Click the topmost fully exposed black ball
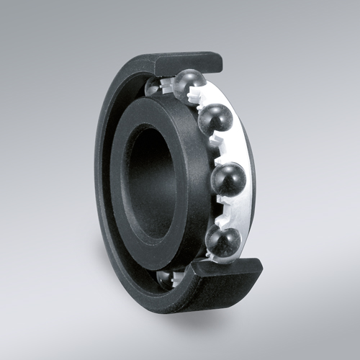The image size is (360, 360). (x=189, y=86)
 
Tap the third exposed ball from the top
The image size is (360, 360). (x=230, y=178)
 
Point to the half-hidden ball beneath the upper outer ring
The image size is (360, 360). (x=155, y=86)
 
